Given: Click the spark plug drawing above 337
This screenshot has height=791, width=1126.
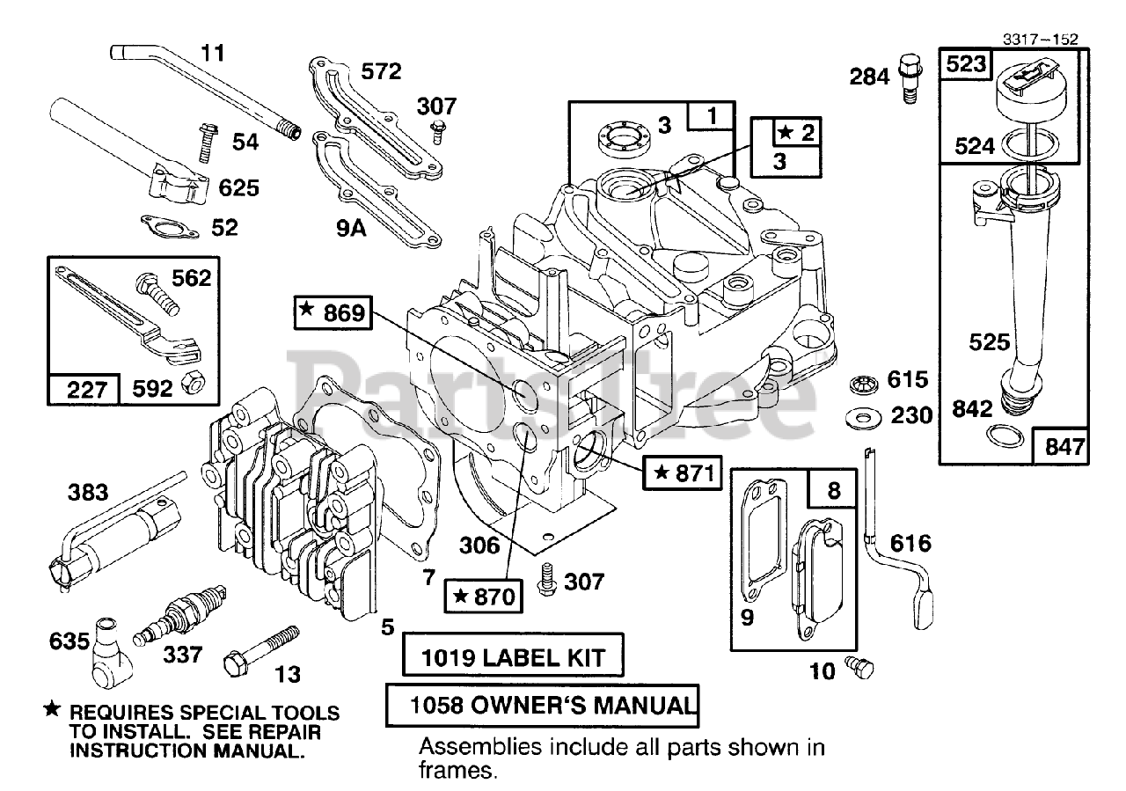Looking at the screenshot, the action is [x=180, y=616].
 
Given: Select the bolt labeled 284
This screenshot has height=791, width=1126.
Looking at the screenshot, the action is [x=910, y=79].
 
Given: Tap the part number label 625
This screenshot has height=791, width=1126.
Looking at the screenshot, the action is [x=238, y=188].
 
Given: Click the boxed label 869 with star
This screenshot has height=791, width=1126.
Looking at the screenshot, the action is [x=333, y=312].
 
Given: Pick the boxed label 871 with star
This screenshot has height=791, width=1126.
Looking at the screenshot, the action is [x=682, y=472].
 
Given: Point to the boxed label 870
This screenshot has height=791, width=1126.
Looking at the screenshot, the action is [x=483, y=597].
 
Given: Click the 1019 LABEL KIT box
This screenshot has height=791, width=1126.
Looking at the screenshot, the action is [x=513, y=655].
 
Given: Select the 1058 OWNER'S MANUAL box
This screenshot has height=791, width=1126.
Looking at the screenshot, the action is [x=542, y=705].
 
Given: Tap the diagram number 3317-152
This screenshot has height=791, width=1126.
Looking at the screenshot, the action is [x=1040, y=40].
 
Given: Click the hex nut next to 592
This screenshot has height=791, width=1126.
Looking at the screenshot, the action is [x=193, y=385].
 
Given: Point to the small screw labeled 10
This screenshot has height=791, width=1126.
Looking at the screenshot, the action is [x=859, y=668].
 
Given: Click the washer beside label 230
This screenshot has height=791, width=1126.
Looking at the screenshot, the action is [x=864, y=419].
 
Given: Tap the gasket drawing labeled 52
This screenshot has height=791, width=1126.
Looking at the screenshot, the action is [x=170, y=226].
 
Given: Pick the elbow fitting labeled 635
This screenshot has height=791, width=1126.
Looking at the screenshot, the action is [x=111, y=653].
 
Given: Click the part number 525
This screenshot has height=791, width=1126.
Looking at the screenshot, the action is [x=990, y=342].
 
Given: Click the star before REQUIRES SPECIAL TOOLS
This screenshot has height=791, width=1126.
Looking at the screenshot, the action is [x=52, y=709].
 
